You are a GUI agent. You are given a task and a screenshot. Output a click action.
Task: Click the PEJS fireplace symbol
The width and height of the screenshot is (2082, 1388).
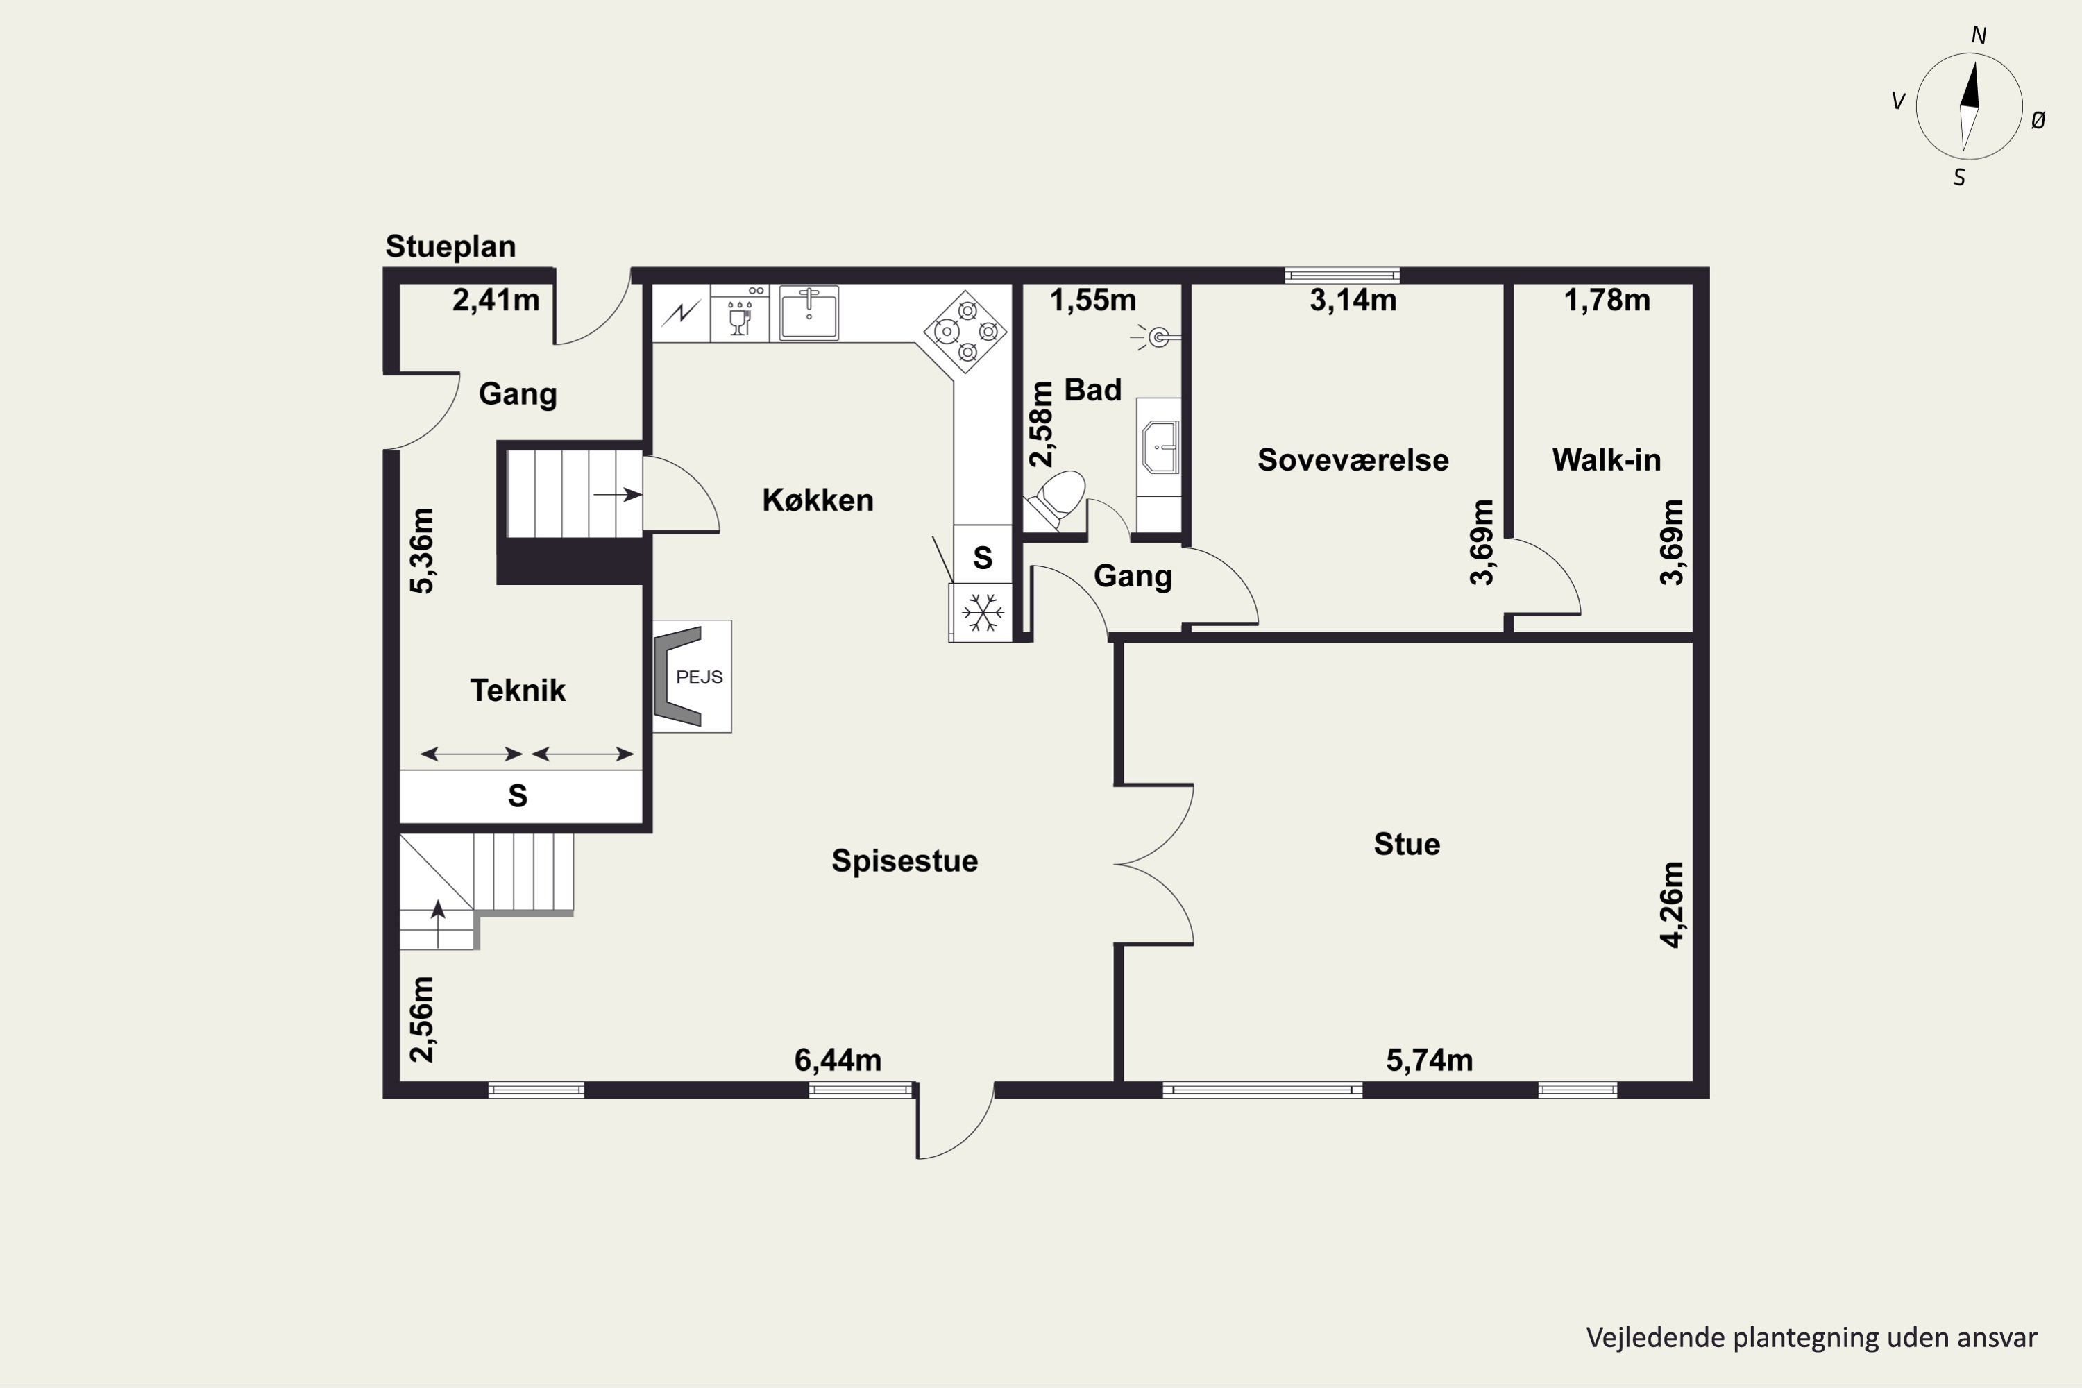click(x=691, y=676)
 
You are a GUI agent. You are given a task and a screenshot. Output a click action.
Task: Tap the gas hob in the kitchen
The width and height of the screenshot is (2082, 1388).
click(x=966, y=332)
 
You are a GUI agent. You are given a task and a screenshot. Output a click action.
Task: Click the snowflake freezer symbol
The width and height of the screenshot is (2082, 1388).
click(x=983, y=613)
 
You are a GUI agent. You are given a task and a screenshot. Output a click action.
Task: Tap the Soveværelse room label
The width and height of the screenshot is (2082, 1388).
click(x=1353, y=459)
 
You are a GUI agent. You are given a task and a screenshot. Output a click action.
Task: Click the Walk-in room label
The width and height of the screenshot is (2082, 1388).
click(x=1607, y=459)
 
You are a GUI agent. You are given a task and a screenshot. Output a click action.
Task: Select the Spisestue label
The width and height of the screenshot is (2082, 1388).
click(x=905, y=861)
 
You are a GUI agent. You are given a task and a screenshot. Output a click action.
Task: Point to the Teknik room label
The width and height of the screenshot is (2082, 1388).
click(x=518, y=691)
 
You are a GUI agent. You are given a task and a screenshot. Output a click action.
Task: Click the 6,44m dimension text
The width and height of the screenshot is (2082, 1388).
click(x=838, y=1060)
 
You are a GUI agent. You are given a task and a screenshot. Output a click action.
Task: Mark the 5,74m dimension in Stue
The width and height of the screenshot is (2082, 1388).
click(x=1430, y=1060)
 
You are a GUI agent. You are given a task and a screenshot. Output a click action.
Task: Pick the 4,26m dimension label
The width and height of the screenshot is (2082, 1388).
click(x=1671, y=905)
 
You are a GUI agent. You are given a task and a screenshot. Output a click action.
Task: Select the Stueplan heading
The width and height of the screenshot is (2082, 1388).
click(x=450, y=246)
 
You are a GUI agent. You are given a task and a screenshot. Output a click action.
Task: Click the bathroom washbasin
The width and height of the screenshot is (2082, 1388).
click(x=1160, y=448)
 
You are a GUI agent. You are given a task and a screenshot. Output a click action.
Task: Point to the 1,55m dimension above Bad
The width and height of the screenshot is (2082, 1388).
click(x=1093, y=300)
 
